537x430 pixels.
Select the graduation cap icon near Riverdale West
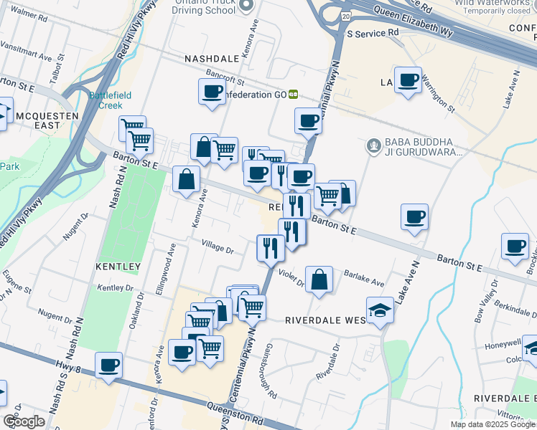[380, 310]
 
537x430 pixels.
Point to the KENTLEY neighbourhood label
[118, 267]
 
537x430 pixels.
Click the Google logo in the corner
[23, 421]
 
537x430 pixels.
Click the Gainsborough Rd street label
[269, 378]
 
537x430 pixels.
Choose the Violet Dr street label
[292, 279]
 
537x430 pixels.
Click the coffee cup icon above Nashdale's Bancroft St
[213, 92]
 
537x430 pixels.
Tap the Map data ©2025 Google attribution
[492, 424]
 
